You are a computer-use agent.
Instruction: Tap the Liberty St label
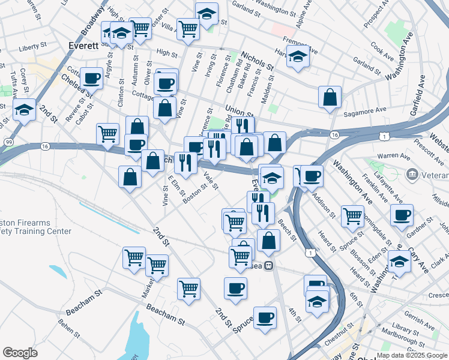32,46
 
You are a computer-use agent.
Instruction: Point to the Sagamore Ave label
364,110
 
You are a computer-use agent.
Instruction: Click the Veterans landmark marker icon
412,175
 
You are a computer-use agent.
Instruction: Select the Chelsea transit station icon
270,265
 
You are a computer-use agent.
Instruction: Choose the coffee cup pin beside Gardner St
401,215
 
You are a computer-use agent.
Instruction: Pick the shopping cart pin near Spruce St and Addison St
352,215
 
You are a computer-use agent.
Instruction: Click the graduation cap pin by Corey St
24,109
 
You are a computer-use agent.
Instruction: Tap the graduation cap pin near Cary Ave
399,261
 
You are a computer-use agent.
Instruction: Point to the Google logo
20,353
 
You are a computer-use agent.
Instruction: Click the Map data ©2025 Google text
412,355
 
